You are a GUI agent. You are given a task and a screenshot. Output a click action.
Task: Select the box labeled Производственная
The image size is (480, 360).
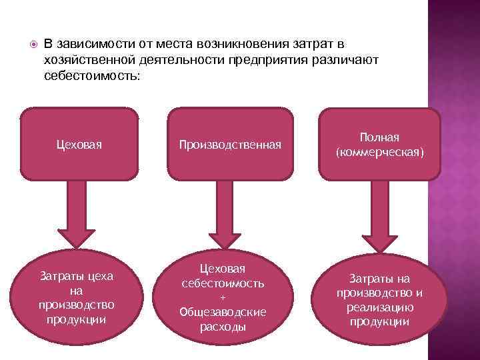click(229, 145)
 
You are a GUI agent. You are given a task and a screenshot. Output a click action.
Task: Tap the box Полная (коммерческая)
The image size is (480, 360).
click(379, 145)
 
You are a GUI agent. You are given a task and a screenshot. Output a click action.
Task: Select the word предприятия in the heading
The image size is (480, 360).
click(277, 60)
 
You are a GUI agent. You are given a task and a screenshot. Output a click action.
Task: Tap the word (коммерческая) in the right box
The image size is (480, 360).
click(379, 152)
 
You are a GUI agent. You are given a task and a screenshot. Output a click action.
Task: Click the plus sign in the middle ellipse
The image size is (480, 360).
click(223, 297)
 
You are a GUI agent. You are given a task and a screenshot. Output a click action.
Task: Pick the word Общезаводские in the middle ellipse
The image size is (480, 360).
click(223, 312)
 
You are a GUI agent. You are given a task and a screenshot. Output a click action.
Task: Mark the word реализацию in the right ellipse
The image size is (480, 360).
click(379, 307)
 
